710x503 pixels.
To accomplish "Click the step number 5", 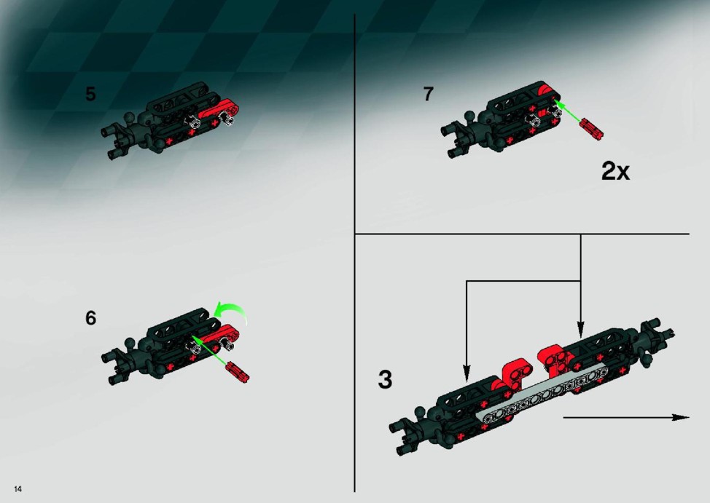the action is point(90,94).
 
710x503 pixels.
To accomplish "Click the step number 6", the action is point(90,318).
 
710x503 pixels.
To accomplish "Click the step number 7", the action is point(429,94).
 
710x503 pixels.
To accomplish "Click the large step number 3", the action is point(385,379).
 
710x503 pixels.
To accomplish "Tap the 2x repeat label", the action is point(615,171).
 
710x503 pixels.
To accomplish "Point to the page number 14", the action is point(17,488).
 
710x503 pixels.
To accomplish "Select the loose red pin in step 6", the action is point(237,372).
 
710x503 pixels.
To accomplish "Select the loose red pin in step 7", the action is point(591,129).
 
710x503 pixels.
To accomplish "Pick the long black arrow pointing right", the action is point(625,417).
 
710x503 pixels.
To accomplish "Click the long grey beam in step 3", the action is point(543,392).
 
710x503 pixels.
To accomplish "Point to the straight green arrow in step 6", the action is point(209,349).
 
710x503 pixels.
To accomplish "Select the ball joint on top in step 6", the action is point(130,342).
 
